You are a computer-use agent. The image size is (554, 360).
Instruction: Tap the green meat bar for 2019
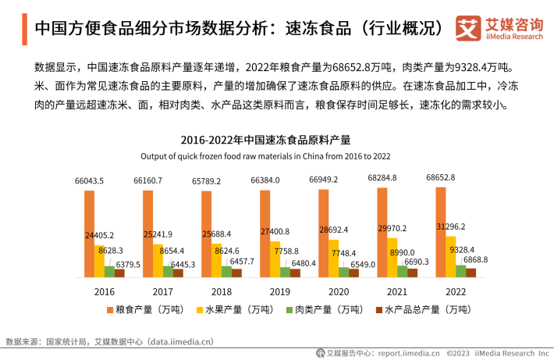[x=286, y=272]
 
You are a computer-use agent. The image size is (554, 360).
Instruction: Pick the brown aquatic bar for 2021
[x=412, y=272]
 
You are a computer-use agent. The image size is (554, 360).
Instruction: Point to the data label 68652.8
[x=441, y=177]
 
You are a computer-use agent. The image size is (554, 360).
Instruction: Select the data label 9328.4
[x=465, y=249]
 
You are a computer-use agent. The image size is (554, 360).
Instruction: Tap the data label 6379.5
[x=128, y=264]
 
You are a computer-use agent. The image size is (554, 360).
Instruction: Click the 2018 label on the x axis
[x=221, y=290]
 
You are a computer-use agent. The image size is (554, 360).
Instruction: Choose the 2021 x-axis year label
[x=396, y=290]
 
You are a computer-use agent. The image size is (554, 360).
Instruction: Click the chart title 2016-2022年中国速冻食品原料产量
[x=265, y=140]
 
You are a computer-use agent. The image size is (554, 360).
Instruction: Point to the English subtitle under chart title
[x=265, y=156]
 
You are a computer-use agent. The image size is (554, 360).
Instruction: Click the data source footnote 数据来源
[x=109, y=341]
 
